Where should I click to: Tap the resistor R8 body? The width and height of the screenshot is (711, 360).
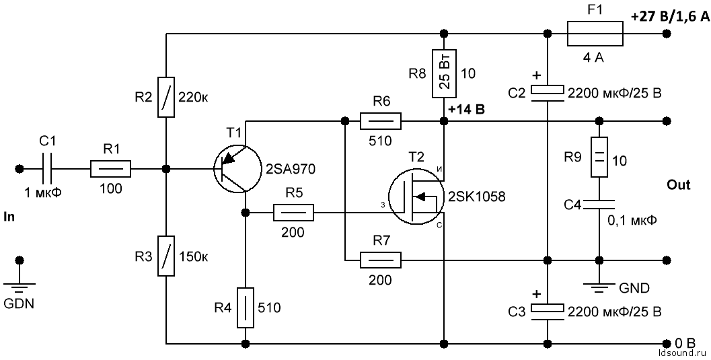point(444,73)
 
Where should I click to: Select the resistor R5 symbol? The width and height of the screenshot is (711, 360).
point(293,214)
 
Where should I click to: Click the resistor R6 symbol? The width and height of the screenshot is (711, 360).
point(381,121)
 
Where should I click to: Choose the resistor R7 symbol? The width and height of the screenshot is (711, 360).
point(381,260)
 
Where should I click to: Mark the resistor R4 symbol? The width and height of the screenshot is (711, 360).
point(246,308)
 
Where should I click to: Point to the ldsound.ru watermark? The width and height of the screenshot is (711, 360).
point(681,351)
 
